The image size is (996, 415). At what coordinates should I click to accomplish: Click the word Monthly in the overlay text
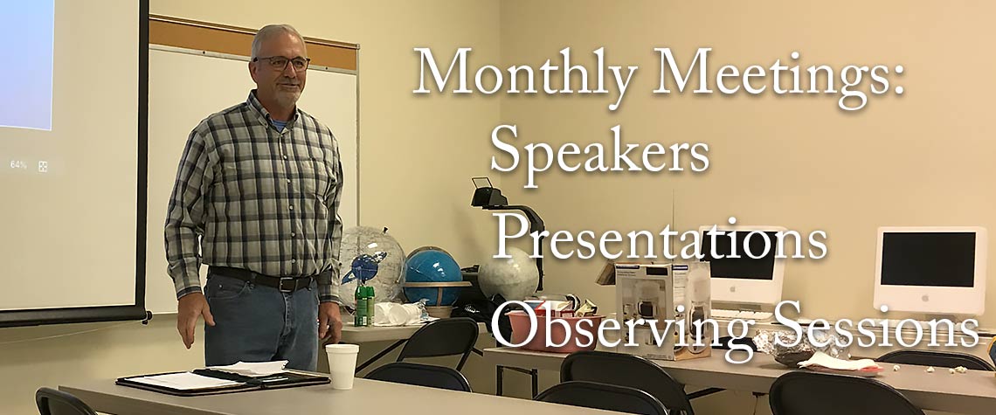pyautogui.click(x=525, y=72)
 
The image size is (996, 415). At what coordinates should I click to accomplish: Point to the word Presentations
pyautogui.click(x=660, y=239)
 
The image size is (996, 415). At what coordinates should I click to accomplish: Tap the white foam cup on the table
pyautogui.click(x=342, y=367)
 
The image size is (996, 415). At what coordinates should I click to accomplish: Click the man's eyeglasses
pyautogui.click(x=283, y=63)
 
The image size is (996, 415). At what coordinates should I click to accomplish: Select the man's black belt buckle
pyautogui.click(x=287, y=282)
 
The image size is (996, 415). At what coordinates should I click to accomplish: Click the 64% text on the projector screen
pyautogui.click(x=17, y=164)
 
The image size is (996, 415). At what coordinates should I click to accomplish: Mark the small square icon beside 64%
pyautogui.click(x=43, y=166)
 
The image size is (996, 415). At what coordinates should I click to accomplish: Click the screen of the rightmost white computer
pyautogui.click(x=927, y=259)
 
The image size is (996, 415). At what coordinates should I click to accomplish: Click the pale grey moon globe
pyautogui.click(x=508, y=274)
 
